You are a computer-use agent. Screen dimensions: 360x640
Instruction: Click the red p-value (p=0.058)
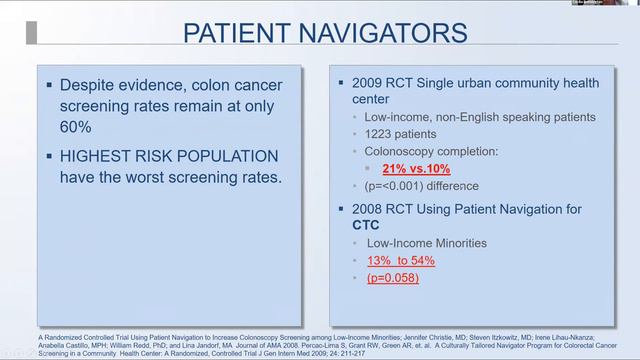tap(392, 277)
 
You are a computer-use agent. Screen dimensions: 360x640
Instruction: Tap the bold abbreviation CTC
tap(366, 225)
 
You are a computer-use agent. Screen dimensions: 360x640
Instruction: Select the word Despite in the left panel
tap(87, 84)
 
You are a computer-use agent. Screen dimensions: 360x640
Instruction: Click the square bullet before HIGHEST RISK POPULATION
tap(49, 156)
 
